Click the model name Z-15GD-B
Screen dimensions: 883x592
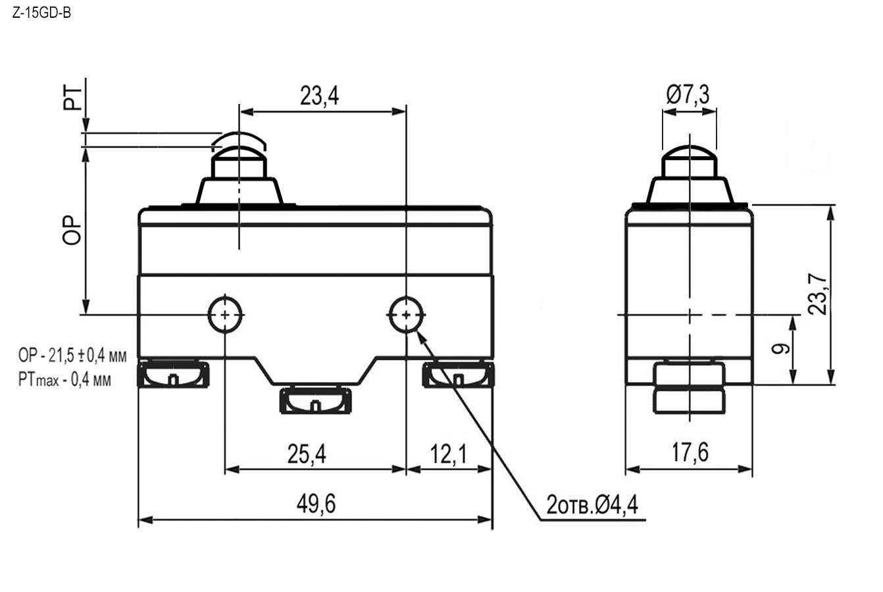(41, 13)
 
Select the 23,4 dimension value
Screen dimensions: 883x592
(319, 95)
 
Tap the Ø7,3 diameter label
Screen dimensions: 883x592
(688, 95)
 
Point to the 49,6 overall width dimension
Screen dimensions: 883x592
(316, 504)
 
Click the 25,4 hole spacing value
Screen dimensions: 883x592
(307, 454)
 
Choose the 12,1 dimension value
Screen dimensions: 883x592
(448, 454)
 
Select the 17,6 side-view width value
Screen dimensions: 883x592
(690, 452)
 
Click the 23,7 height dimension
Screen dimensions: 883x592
(818, 294)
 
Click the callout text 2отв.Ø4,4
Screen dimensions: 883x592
(592, 504)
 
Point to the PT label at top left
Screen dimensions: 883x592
(72, 98)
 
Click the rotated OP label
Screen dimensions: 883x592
(72, 230)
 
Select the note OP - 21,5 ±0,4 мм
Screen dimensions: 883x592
(72, 356)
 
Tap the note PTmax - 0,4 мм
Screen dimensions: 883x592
(64, 380)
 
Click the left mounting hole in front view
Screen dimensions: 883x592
(224, 315)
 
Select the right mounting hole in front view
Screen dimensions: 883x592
(407, 315)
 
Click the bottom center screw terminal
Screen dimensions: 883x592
(315, 401)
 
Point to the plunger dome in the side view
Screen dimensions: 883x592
(689, 152)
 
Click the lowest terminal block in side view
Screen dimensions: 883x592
(689, 401)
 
